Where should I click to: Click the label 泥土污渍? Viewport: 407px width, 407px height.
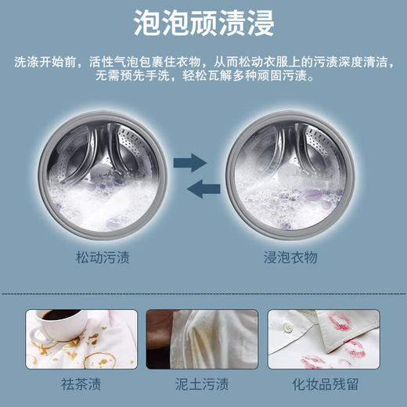tap(203, 385)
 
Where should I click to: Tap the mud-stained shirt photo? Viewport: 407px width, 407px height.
tap(203, 339)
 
